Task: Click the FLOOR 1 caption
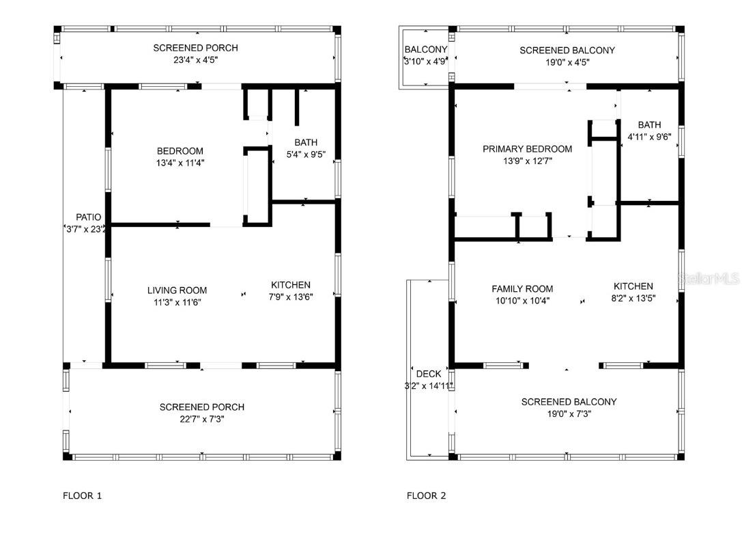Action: (82, 495)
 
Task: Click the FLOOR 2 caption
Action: (426, 495)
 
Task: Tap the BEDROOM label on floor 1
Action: (180, 151)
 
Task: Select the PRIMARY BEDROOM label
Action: (527, 149)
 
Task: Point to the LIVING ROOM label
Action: (177, 290)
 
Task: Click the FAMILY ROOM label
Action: (522, 288)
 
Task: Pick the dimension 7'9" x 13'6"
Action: (291, 297)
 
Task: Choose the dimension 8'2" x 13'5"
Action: (633, 298)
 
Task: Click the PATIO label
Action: (88, 217)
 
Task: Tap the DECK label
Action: (428, 374)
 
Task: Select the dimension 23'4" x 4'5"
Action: (195, 60)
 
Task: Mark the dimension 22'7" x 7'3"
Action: (201, 419)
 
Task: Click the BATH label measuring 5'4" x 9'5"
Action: (306, 142)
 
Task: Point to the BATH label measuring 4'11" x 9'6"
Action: (649, 125)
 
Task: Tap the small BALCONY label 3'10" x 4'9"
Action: (425, 50)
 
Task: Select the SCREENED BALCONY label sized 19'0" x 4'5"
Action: (567, 51)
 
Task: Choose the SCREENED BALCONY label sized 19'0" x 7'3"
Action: (569, 402)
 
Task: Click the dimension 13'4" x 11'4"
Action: (180, 163)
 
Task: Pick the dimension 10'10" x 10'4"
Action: (522, 300)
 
